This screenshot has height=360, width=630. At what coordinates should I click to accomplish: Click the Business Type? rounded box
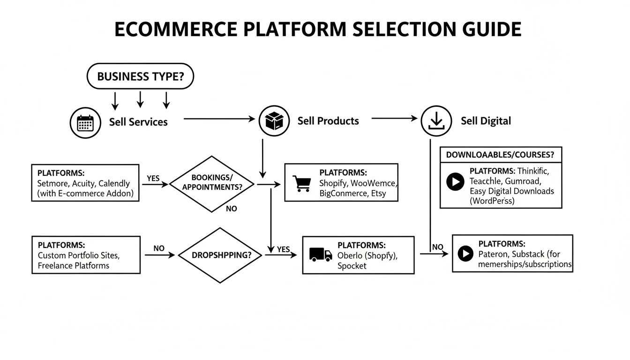tap(140, 76)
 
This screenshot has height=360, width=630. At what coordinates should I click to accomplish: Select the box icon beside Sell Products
tap(274, 120)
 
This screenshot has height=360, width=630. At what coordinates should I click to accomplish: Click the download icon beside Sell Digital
tap(436, 120)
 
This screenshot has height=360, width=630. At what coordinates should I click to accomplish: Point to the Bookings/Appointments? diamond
tap(212, 184)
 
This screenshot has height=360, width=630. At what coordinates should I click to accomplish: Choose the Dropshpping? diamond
tap(220, 255)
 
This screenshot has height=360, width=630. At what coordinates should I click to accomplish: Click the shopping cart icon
tap(301, 183)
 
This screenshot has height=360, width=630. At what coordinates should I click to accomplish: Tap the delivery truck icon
tap(321, 255)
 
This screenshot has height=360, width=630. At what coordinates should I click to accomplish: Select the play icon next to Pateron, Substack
tap(465, 254)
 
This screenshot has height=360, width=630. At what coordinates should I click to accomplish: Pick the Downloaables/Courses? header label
tap(500, 155)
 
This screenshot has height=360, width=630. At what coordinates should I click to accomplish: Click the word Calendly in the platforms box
tap(114, 183)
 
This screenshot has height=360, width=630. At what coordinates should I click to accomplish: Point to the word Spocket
tap(352, 266)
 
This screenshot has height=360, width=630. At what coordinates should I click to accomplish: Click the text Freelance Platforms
tap(73, 265)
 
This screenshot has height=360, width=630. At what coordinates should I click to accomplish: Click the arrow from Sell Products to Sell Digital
tap(394, 119)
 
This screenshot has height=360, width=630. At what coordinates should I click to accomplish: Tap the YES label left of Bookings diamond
tap(153, 179)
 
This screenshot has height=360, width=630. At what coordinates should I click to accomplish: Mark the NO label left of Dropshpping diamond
tap(159, 248)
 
